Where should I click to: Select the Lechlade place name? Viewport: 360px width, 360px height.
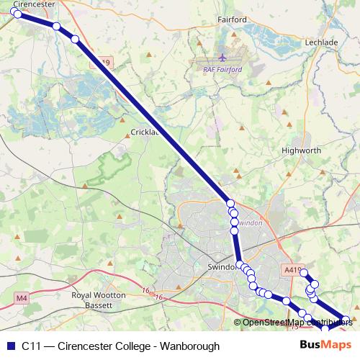(x=322, y=42)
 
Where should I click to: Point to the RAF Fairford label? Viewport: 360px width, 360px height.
(x=222, y=69)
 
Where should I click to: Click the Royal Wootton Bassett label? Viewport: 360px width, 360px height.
(x=99, y=300)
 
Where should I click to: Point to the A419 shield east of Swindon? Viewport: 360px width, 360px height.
(x=291, y=270)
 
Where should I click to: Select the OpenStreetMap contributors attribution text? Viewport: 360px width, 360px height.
(x=297, y=322)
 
